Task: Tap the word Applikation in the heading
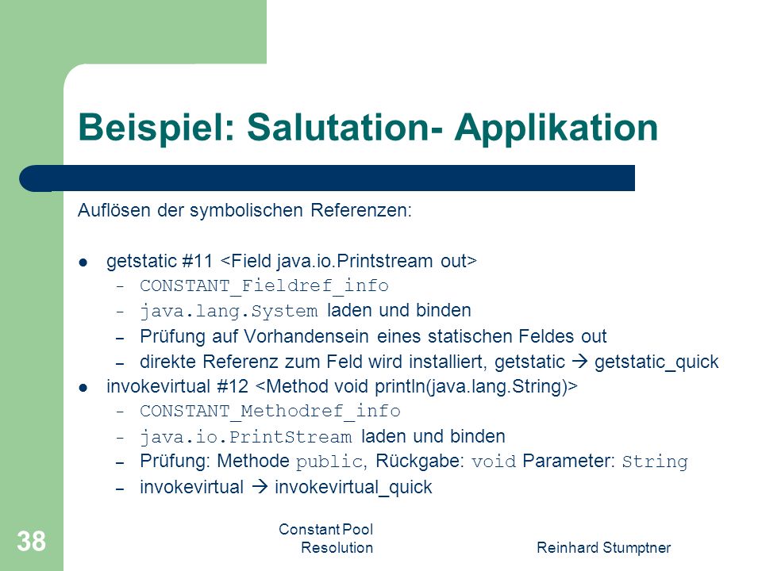click(x=556, y=127)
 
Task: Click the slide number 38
click(x=31, y=541)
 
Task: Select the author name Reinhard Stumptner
click(x=603, y=548)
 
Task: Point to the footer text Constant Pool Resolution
click(x=326, y=538)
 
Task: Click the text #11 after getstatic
click(x=197, y=261)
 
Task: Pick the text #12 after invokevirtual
click(x=233, y=386)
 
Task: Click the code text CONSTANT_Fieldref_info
click(x=264, y=286)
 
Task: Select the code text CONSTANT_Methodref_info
click(x=270, y=412)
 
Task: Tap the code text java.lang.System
click(x=229, y=311)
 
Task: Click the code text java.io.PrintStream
click(x=246, y=436)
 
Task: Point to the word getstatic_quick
click(x=656, y=362)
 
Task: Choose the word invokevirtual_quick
click(x=353, y=488)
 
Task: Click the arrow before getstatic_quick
click(x=579, y=362)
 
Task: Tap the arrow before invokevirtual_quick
click(x=260, y=487)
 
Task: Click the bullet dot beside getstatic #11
click(x=83, y=263)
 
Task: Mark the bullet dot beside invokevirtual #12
click(x=83, y=388)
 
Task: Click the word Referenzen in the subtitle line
click(x=361, y=211)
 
